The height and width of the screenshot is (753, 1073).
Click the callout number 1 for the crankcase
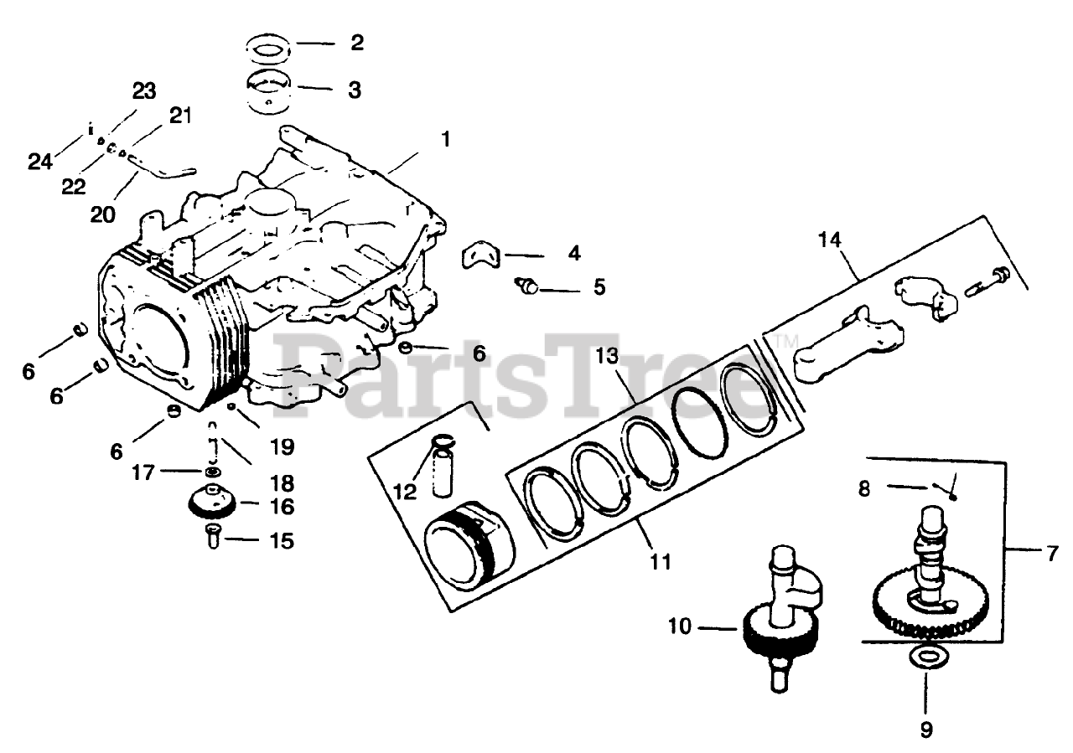[x=445, y=139]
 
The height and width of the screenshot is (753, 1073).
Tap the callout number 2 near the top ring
[x=357, y=43]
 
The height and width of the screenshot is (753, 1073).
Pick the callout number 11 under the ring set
[x=661, y=561]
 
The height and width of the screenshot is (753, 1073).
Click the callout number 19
[x=283, y=447]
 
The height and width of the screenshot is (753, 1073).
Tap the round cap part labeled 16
[x=211, y=503]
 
